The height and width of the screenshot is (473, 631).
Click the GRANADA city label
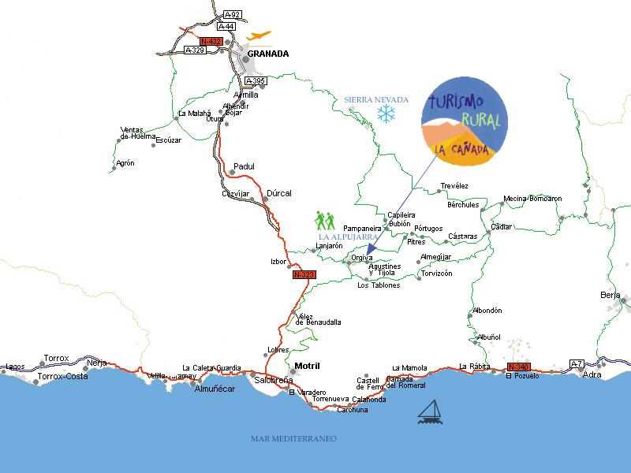pos(268,54)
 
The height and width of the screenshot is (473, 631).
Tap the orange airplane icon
pos(258,35)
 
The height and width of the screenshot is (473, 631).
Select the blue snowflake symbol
pos(386,114)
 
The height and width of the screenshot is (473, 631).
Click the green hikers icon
pos(326,221)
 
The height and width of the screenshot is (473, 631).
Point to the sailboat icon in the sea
pos(429,411)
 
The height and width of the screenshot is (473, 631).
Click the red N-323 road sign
pos(304,275)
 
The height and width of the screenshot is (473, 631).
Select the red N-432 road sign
pos(211,41)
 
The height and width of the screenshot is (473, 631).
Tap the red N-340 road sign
pos(518,367)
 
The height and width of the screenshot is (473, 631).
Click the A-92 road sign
pos(232,14)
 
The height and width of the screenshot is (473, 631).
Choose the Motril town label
pos(307,366)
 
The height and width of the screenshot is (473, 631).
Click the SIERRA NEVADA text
pos(376,100)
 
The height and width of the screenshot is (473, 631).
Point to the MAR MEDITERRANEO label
pos(293,438)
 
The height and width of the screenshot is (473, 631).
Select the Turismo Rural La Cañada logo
pos(464,123)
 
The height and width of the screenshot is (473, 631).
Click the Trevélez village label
pos(454,186)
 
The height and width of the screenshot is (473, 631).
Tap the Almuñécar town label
pos(215,389)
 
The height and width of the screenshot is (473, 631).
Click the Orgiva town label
pos(362,258)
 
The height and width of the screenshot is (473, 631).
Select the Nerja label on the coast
pos(97,362)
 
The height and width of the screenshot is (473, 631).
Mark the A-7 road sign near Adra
pos(577,363)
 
